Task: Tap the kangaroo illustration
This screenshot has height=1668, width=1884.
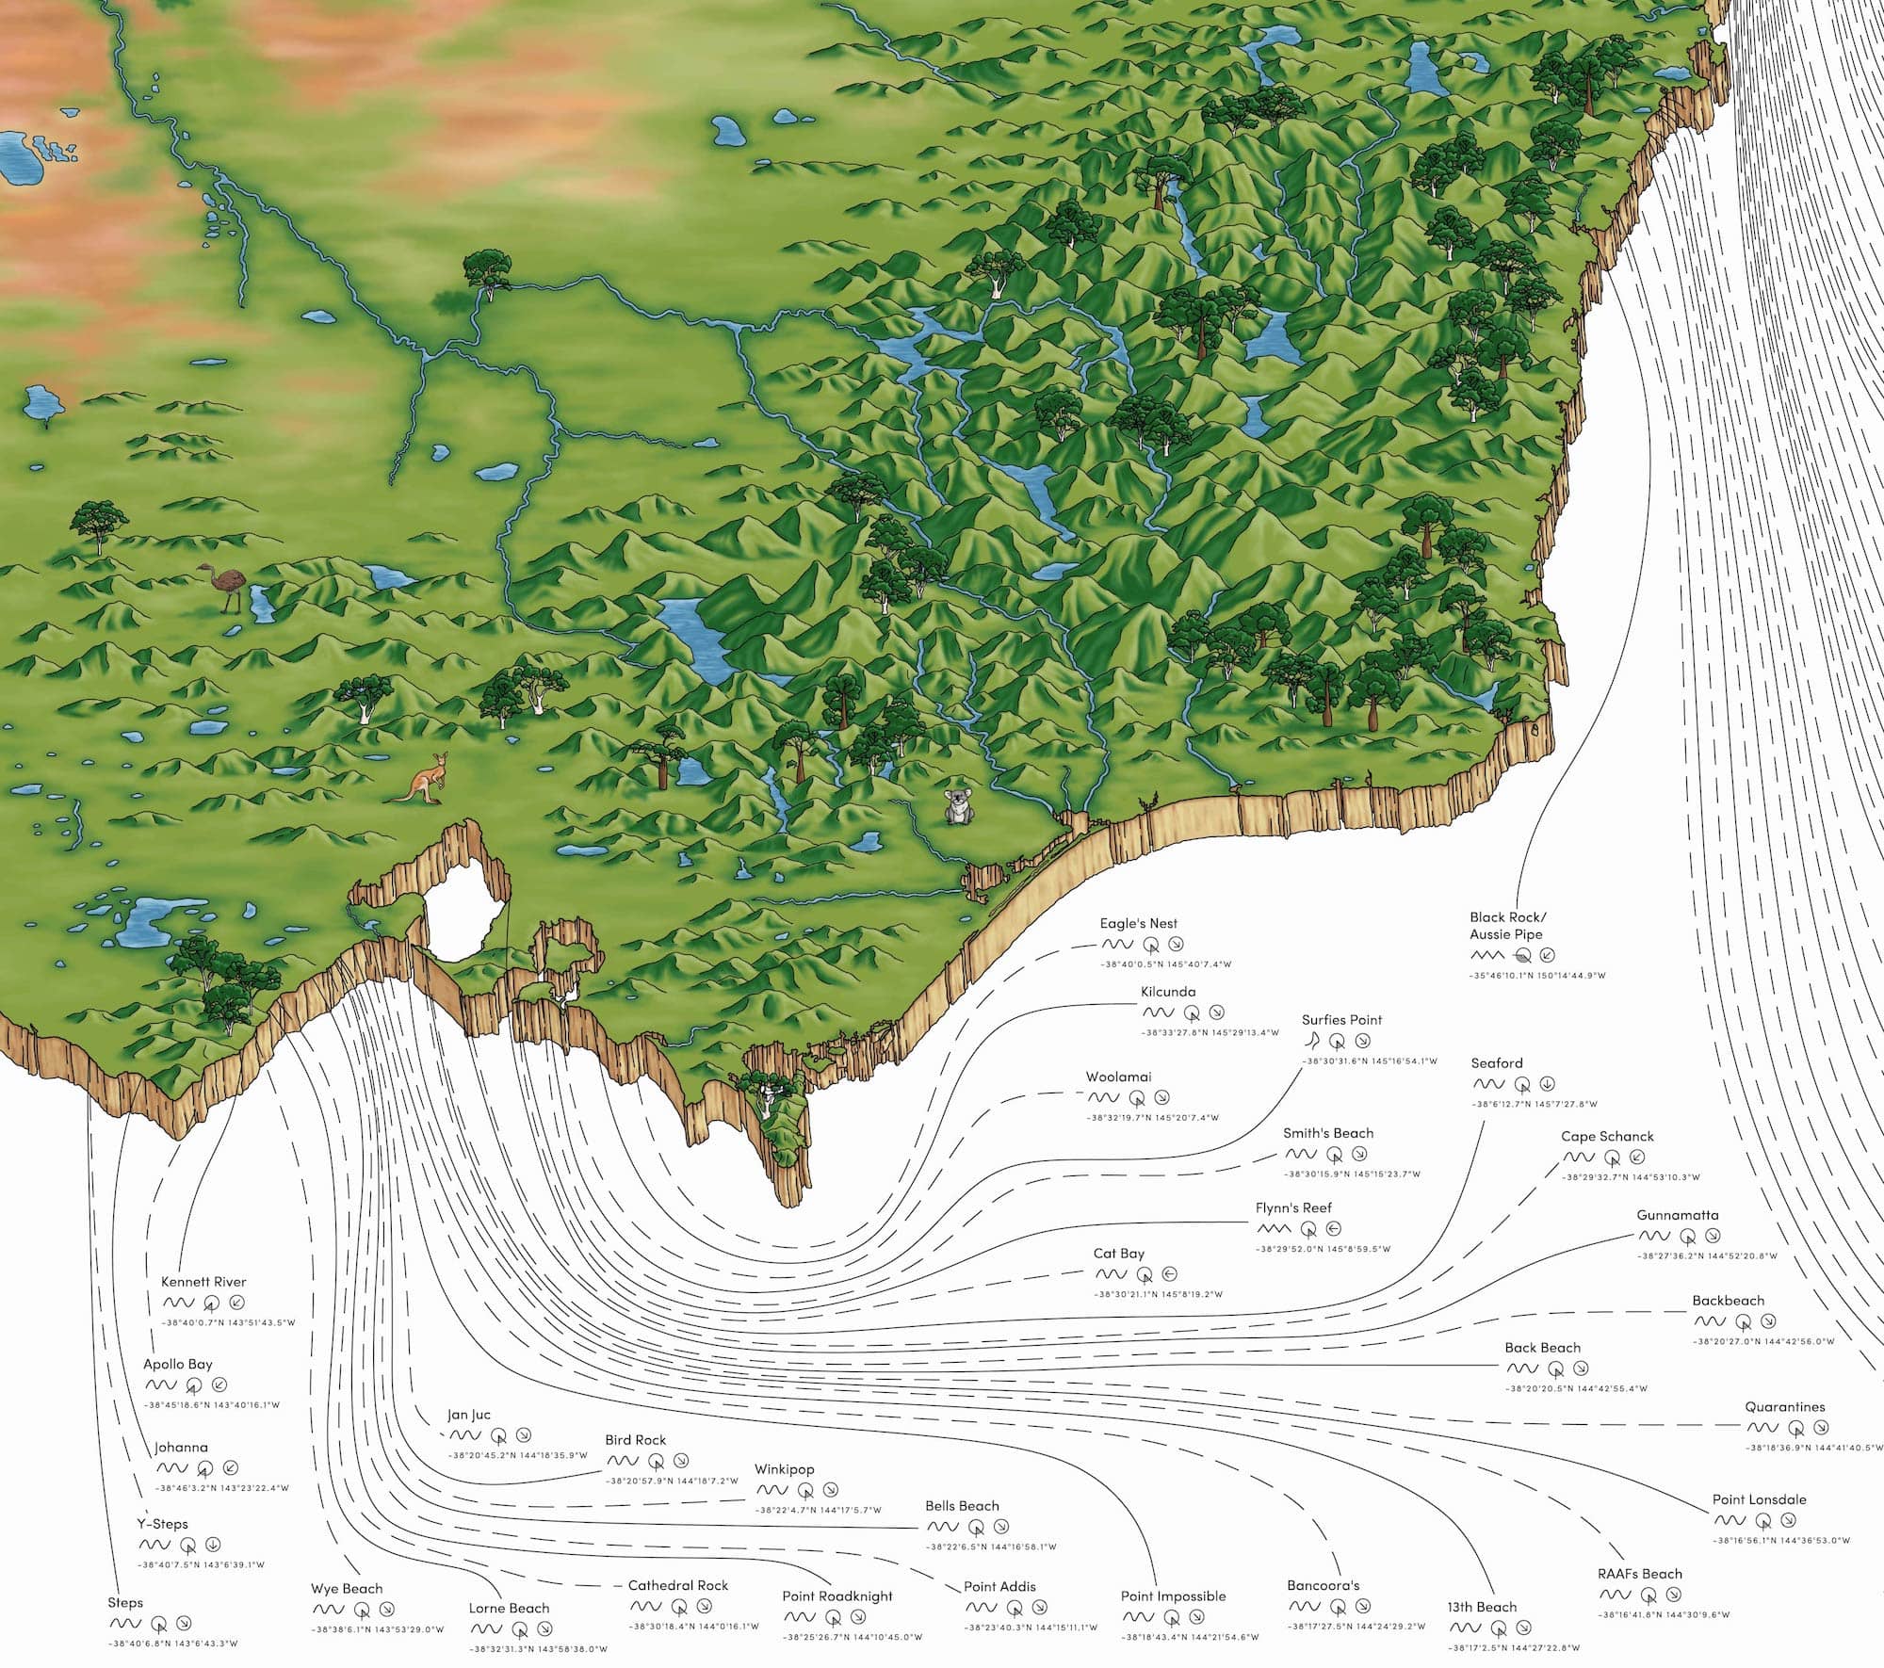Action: tap(421, 779)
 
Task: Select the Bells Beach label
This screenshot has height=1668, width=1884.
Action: tap(962, 1505)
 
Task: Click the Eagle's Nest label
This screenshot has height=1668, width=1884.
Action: tap(1138, 923)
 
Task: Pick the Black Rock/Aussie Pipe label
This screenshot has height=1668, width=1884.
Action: tap(1507, 926)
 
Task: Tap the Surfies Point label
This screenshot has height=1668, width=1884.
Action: tap(1341, 1019)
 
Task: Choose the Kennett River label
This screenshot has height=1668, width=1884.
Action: tap(203, 1281)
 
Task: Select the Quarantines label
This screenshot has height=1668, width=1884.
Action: tap(1784, 1406)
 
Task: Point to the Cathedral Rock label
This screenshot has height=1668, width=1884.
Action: tap(678, 1585)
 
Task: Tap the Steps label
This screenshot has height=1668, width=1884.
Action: tap(125, 1602)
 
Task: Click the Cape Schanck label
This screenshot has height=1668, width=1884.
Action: tap(1607, 1136)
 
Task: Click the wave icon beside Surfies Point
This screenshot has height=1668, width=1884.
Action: tap(1311, 1040)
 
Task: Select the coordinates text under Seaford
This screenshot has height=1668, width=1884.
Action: tap(1534, 1104)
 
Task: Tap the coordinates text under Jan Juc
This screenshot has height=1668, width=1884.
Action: tap(517, 1455)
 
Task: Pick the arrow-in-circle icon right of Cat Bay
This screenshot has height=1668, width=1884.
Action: tap(1170, 1274)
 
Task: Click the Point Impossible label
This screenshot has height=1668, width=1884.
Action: tap(1173, 1595)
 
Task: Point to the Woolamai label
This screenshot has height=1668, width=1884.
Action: tap(1118, 1077)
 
